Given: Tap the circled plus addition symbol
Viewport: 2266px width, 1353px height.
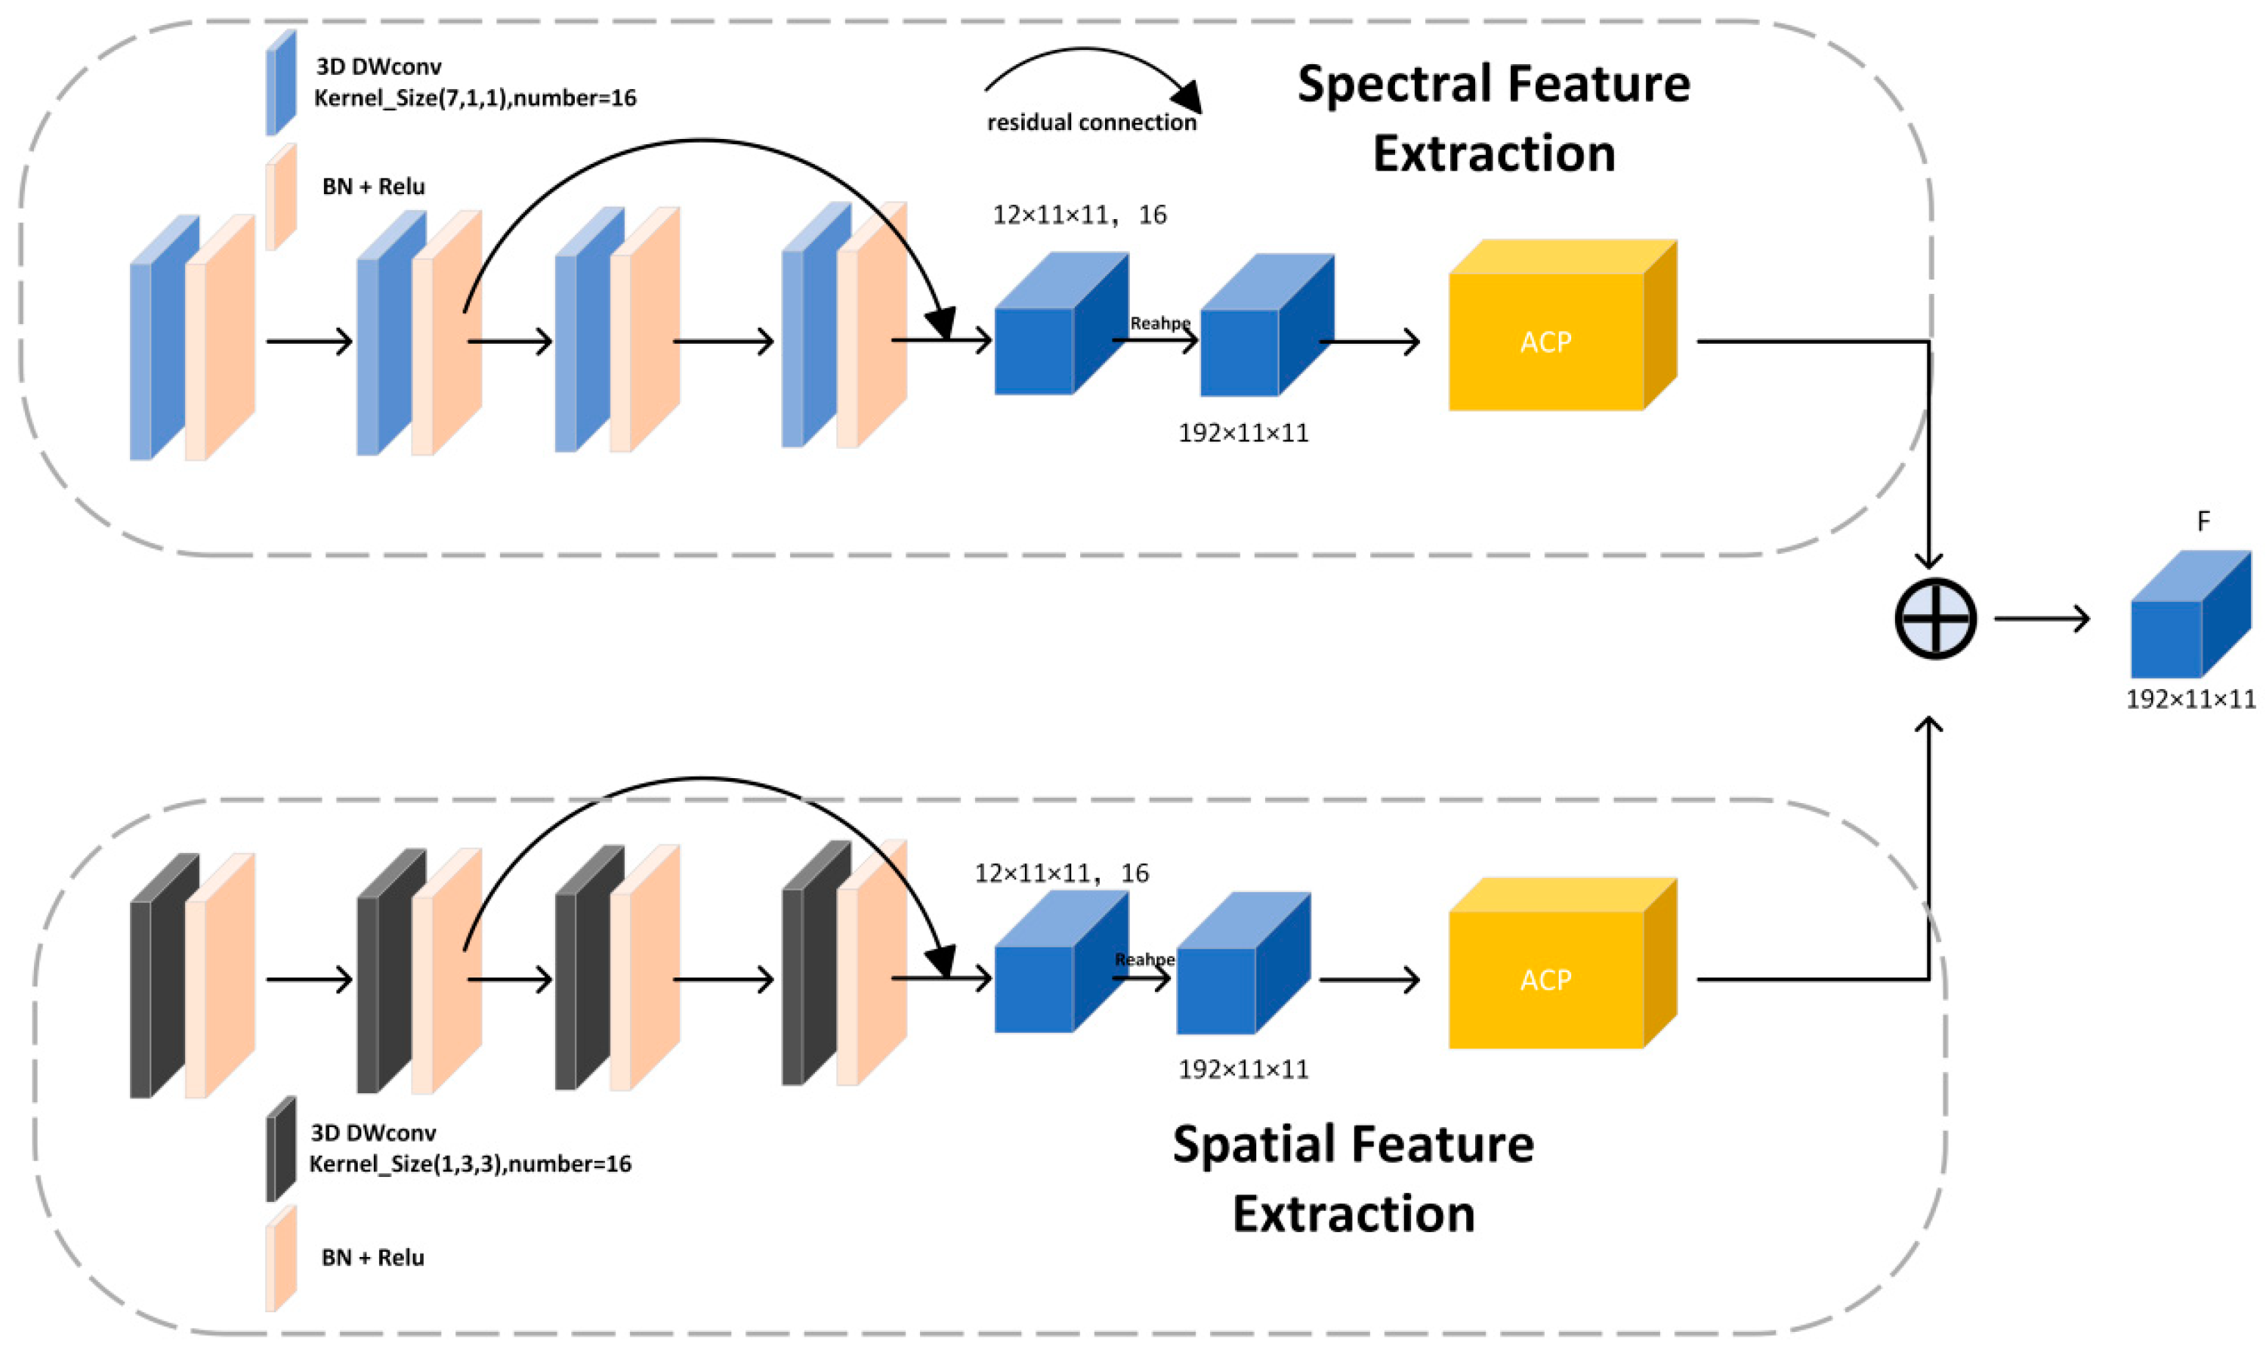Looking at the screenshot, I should point(1935,618).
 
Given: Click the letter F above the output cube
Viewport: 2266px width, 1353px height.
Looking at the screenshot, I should point(2203,521).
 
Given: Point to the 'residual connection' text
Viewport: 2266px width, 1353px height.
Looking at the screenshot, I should point(1091,122).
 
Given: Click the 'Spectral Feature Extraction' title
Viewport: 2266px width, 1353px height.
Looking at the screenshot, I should point(1493,119).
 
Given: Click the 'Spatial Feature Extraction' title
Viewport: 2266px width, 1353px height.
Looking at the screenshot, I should point(1353,1178).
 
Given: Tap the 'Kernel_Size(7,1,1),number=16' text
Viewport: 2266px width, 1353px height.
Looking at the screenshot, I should point(474,97).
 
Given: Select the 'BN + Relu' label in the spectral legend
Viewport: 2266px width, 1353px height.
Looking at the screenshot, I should point(373,186).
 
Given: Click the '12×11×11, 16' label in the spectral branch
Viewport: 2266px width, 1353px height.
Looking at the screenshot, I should point(1079,215).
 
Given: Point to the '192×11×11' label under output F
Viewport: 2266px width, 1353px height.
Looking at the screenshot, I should point(2190,700).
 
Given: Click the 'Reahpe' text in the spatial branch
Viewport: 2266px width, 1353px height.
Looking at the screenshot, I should point(1145,959).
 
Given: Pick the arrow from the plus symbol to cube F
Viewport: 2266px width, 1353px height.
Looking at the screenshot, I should point(2042,618).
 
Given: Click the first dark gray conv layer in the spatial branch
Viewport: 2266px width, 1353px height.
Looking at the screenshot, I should point(164,975).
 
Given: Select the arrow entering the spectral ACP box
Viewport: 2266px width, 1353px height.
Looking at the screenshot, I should point(1369,342).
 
